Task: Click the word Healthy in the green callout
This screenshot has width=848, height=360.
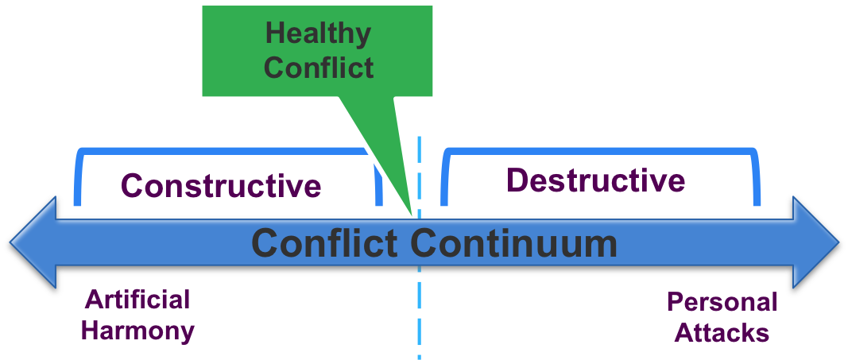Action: [x=318, y=35]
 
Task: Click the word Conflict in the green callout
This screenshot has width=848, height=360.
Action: [x=318, y=67]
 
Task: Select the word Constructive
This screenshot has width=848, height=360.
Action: [x=221, y=185]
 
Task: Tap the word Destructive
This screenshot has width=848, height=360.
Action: [x=595, y=180]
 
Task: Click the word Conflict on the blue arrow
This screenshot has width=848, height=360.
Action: [x=324, y=243]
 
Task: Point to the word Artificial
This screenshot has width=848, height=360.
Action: [x=137, y=300]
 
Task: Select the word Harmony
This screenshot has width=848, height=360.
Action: [x=137, y=330]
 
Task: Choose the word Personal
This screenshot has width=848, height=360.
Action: [x=721, y=302]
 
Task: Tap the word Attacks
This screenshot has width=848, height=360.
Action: [x=721, y=332]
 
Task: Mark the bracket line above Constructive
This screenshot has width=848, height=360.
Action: [x=223, y=150]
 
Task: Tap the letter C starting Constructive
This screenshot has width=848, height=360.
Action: [x=132, y=185]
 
